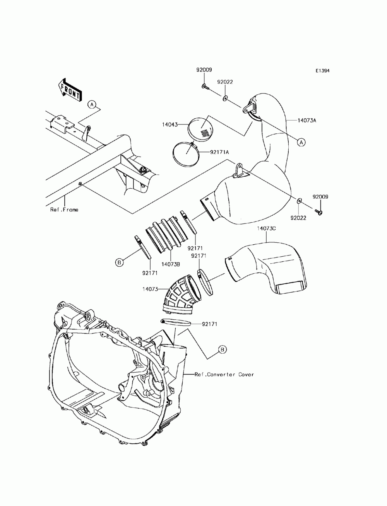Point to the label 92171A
coord(220,152)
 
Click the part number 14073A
coord(307,121)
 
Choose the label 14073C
coord(266,229)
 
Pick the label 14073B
coord(170,264)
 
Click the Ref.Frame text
coord(64,210)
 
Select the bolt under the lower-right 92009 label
coord(320,211)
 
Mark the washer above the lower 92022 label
coord(299,201)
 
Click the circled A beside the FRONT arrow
coord(91,104)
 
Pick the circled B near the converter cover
coord(222,350)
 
